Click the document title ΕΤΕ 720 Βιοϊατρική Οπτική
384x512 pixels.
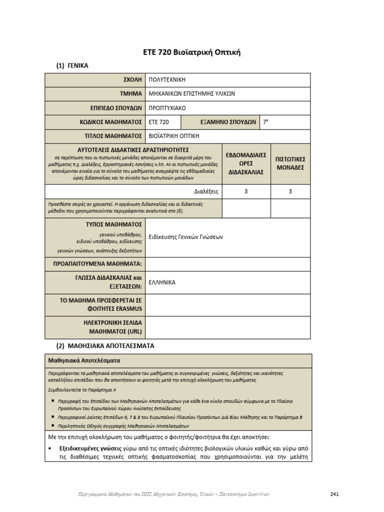[192, 52]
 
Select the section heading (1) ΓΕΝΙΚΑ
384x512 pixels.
[72, 65]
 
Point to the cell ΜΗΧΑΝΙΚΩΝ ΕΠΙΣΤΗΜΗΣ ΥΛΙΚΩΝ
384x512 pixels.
[192, 93]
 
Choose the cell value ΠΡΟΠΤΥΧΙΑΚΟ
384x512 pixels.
[170, 107]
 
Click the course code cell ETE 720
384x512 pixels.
[159, 122]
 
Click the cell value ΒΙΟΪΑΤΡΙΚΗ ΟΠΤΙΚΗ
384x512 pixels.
[174, 135]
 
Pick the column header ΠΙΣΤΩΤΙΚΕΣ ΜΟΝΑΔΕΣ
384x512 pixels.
[290, 163]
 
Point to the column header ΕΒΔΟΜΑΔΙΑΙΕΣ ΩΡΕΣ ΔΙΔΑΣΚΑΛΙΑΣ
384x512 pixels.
[246, 163]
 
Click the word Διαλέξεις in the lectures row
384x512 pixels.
[206, 191]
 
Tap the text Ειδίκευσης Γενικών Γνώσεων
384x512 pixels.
[186, 237]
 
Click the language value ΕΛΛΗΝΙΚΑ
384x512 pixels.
[162, 282]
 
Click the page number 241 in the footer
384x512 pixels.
[335, 494]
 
